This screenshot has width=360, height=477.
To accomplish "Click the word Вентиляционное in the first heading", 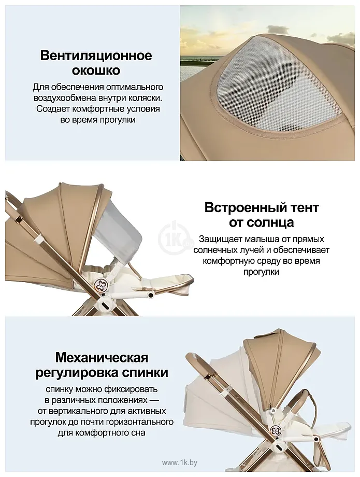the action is (96, 55).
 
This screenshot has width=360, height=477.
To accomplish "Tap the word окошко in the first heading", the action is (96, 71).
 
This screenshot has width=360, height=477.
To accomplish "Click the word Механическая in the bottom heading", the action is (102, 358).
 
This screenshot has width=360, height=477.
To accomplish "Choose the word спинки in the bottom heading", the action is (145, 373).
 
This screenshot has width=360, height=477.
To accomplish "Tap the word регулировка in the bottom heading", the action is (76, 373).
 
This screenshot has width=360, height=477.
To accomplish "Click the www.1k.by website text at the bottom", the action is (180, 462).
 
